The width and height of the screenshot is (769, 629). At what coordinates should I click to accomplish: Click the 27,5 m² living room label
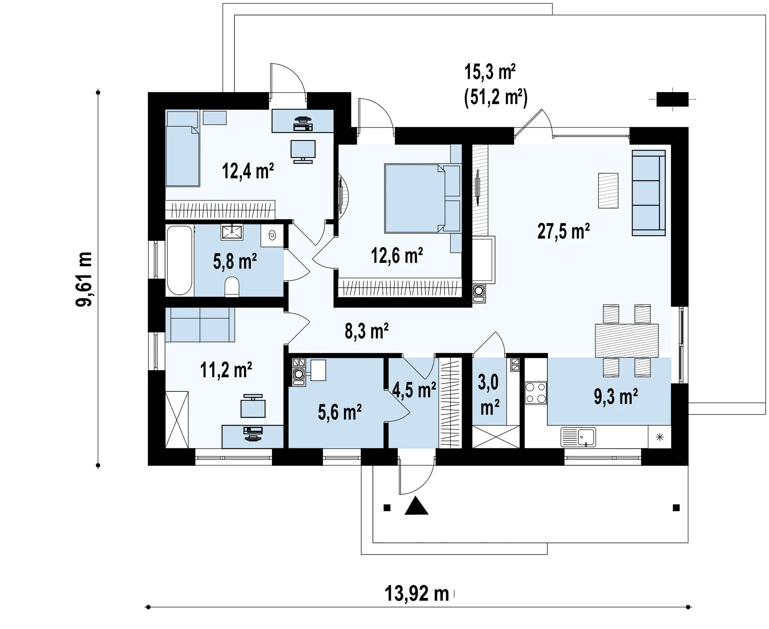click(563, 232)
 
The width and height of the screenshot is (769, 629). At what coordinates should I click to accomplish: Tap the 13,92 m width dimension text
click(417, 593)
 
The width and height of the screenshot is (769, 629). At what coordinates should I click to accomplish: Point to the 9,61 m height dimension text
click(84, 279)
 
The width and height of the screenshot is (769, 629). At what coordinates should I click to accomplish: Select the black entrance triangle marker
click(417, 506)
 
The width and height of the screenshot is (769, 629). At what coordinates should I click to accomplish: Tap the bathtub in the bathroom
click(179, 260)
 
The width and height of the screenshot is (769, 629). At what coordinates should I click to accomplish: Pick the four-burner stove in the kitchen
click(535, 393)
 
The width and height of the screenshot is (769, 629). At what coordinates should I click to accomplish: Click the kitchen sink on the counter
click(578, 437)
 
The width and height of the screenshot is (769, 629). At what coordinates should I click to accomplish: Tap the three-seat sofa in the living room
click(648, 193)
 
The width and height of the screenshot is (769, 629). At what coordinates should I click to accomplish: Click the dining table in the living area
click(626, 341)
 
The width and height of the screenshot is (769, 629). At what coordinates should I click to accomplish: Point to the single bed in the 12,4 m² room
click(183, 149)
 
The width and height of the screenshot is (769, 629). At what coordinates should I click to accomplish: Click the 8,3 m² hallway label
click(366, 331)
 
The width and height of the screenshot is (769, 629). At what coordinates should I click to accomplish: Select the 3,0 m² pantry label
click(489, 395)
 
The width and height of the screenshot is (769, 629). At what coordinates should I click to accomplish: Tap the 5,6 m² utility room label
click(340, 412)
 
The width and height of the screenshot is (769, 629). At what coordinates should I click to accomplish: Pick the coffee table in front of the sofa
click(608, 190)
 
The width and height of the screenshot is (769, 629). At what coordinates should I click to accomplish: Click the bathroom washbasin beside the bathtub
click(232, 232)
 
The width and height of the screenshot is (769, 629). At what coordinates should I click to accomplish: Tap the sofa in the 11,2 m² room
click(200, 325)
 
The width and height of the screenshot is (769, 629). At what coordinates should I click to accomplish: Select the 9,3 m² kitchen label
click(616, 397)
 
